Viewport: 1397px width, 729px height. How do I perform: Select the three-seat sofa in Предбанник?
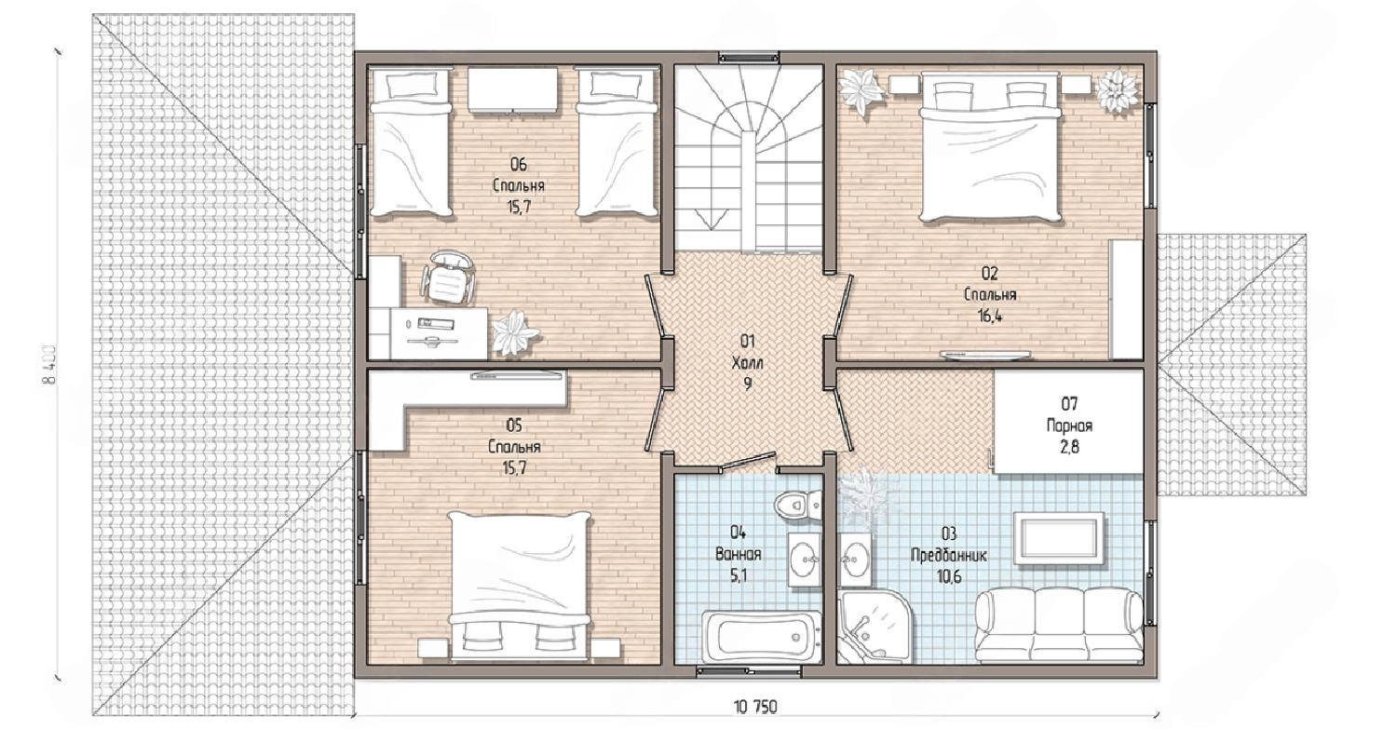pyautogui.click(x=1059, y=626)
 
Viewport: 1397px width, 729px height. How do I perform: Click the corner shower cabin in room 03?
pyautogui.click(x=874, y=627)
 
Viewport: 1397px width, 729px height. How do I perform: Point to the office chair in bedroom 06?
pyautogui.click(x=448, y=277)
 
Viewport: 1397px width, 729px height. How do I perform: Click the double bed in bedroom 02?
pyautogui.click(x=990, y=147)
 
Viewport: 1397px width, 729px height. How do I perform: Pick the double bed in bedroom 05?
pyautogui.click(x=520, y=587)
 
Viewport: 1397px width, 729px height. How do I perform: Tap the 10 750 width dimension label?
pyautogui.click(x=755, y=708)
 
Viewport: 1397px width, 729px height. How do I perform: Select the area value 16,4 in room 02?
pyautogui.click(x=990, y=316)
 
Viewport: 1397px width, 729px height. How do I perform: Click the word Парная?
pyautogui.click(x=1069, y=425)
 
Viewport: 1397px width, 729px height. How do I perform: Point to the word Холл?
pyautogui.click(x=747, y=362)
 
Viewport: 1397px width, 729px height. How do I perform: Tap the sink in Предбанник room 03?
pyautogui.click(x=855, y=560)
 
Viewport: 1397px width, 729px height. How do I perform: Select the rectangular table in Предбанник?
pyautogui.click(x=1058, y=538)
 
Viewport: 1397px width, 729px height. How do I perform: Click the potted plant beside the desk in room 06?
pyautogui.click(x=514, y=331)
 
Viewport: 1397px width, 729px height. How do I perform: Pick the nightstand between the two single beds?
pyautogui.click(x=512, y=90)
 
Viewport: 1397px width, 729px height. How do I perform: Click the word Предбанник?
pyautogui.click(x=949, y=555)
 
